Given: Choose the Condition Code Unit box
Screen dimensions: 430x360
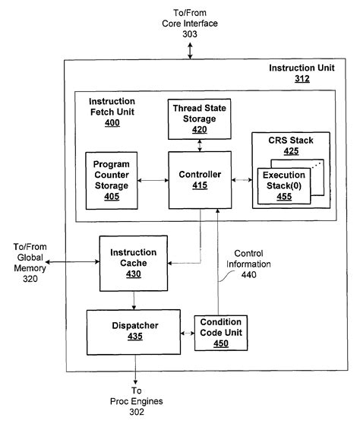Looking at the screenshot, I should (220, 333).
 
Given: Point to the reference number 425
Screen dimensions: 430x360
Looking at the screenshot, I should (291, 151).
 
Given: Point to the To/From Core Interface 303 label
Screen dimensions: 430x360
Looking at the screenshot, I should (190, 23).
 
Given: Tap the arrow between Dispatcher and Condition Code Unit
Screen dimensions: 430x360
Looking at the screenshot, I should (185, 333).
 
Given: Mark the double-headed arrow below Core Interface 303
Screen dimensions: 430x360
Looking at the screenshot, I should (190, 51).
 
